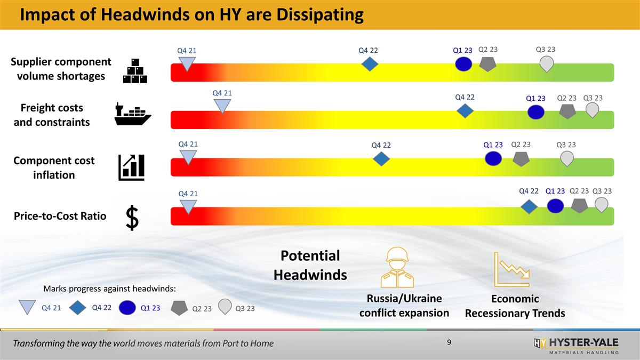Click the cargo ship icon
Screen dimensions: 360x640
pyautogui.click(x=133, y=114)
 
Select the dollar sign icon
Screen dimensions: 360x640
pyautogui.click(x=132, y=219)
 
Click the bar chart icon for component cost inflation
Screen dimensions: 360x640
pyautogui.click(x=131, y=166)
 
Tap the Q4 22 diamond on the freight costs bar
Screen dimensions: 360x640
pyautogui.click(x=466, y=111)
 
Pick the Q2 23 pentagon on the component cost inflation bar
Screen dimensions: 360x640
pyautogui.click(x=521, y=159)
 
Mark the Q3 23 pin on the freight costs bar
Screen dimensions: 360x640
pyautogui.click(x=592, y=110)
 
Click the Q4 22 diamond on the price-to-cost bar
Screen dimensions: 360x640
pyautogui.click(x=529, y=206)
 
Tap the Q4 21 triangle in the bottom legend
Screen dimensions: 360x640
pyautogui.click(x=27, y=308)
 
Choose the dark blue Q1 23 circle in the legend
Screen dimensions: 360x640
pyautogui.click(x=127, y=308)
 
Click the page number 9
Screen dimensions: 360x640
pyautogui.click(x=449, y=342)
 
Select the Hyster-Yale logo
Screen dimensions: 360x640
pyautogui.click(x=576, y=345)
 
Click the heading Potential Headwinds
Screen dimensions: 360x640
pyautogui.click(x=310, y=265)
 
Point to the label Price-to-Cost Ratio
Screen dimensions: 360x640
pyautogui.click(x=60, y=216)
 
